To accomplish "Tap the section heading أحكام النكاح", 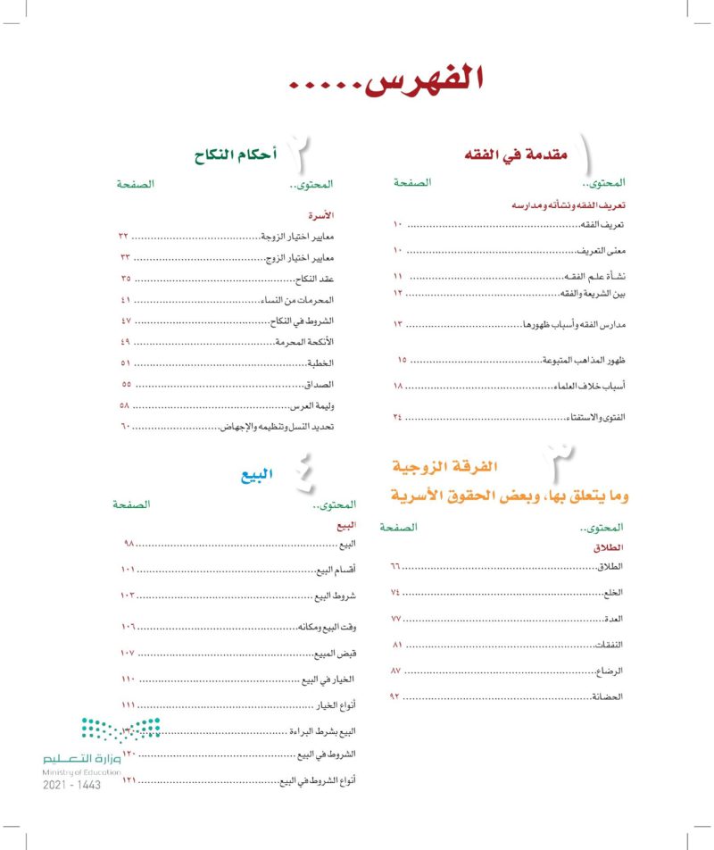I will coord(233,157).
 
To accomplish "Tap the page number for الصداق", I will coord(127,384).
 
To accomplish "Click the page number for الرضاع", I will coord(396,669).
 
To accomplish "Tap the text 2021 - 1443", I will coord(71,784).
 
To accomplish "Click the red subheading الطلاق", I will coord(607,546).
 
